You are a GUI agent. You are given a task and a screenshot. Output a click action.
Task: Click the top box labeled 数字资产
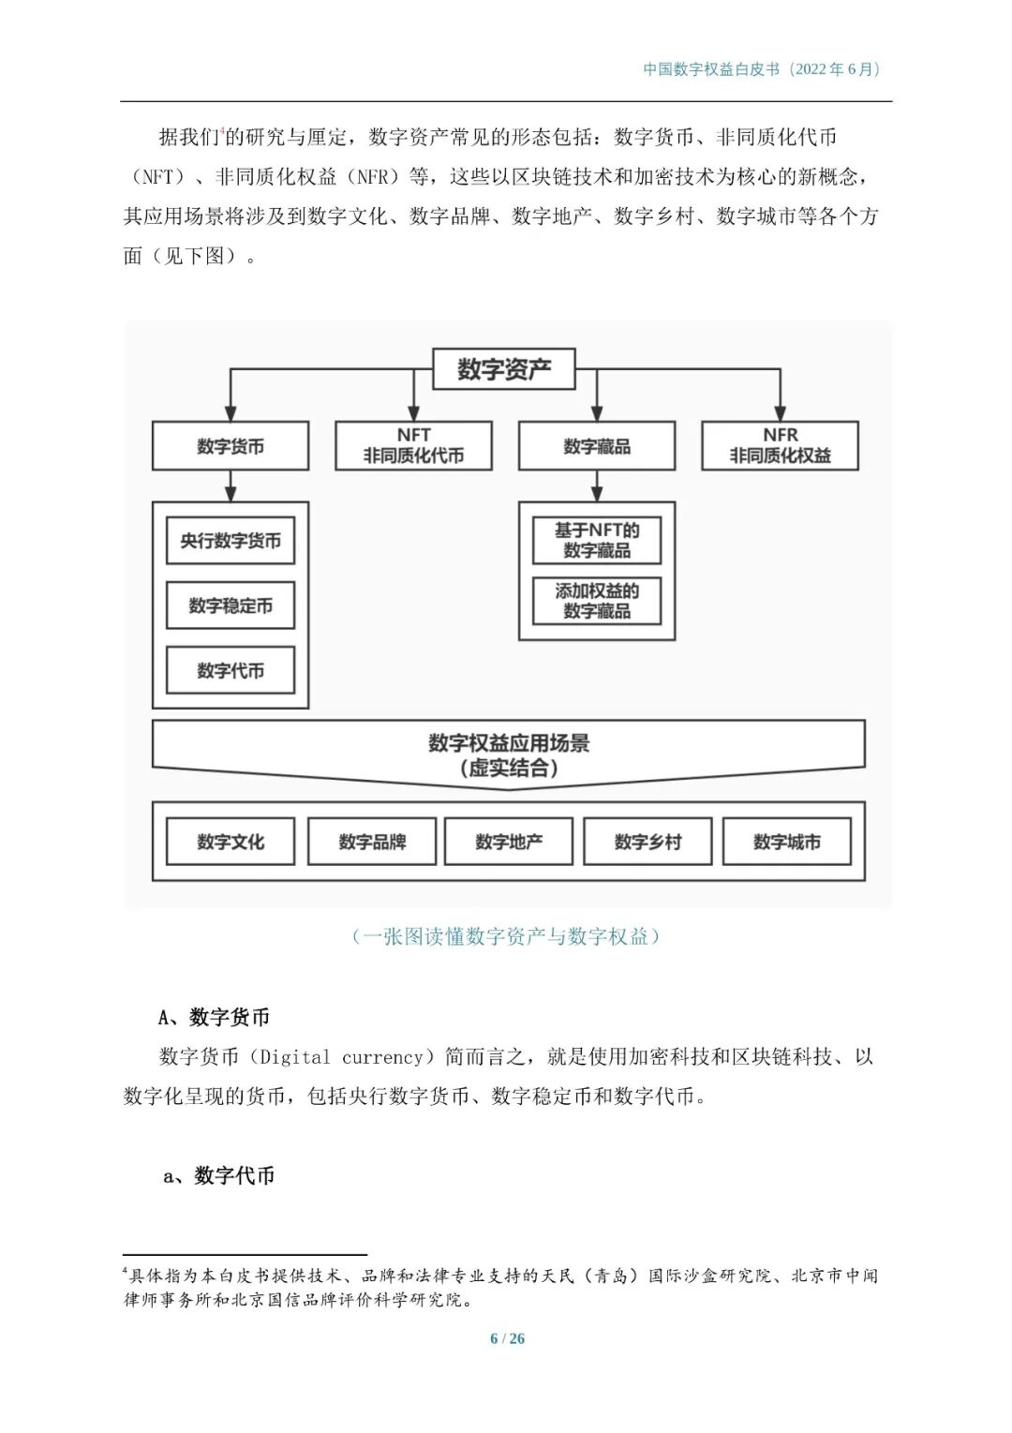503,369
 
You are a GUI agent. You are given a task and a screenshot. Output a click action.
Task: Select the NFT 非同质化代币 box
413,446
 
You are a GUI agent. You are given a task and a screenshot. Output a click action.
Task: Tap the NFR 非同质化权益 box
780,446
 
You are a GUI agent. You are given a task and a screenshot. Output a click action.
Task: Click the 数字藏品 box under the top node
597,446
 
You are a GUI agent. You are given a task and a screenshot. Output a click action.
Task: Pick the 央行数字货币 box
231,541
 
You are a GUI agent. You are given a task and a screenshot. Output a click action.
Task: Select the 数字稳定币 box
231,605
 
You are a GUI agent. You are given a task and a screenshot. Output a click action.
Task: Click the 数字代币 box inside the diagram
231,670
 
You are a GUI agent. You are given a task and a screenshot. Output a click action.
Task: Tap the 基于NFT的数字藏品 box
597,541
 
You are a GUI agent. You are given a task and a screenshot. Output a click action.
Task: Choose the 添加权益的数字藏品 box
597,601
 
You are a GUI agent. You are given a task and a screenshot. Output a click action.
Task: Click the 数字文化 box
231,842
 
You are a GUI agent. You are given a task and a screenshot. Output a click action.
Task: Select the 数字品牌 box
372,842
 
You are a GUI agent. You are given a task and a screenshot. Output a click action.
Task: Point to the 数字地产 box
509,842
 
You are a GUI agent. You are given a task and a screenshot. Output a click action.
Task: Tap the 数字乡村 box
647,842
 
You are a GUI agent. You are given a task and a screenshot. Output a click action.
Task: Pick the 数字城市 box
787,842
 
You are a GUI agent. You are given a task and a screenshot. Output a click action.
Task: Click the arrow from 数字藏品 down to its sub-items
597,485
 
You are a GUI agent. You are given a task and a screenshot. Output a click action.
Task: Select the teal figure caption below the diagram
506,936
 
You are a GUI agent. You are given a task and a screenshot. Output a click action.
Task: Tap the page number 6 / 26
507,1338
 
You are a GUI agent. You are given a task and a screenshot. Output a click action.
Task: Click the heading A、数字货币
215,1017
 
